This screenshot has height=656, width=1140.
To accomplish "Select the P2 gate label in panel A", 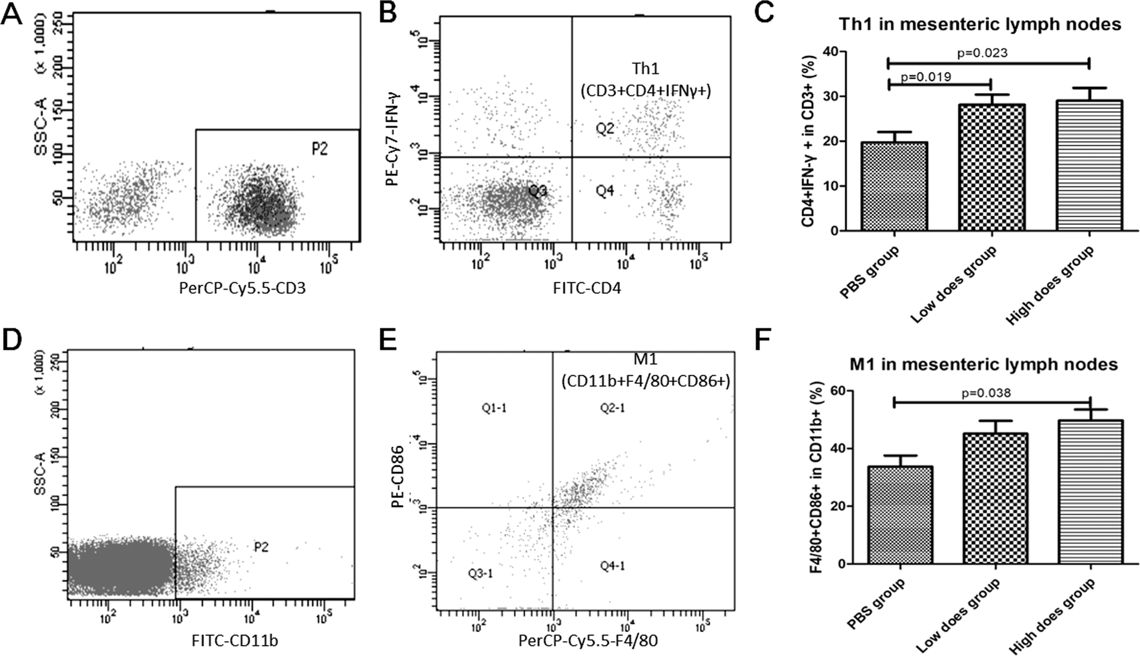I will pos(319,149).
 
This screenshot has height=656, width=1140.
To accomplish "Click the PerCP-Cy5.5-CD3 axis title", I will pos(242,289).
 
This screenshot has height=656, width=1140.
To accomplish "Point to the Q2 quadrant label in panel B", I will pos(605,127).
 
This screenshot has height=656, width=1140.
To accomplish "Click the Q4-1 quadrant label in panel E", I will pos(613,565).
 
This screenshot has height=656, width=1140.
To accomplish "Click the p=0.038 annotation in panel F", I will pos(986,393).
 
